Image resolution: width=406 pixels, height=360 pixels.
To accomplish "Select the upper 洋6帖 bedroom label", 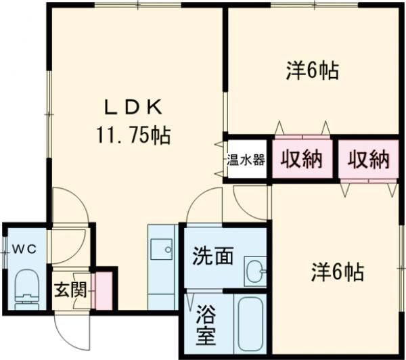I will click(312, 70).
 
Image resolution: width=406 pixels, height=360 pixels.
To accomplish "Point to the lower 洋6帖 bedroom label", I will click(337, 272).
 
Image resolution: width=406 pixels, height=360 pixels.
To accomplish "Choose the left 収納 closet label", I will click(302, 160).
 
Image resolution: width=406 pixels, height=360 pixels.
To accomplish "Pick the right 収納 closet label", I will click(369, 160).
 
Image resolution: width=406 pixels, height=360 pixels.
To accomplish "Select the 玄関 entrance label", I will click(70, 290).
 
